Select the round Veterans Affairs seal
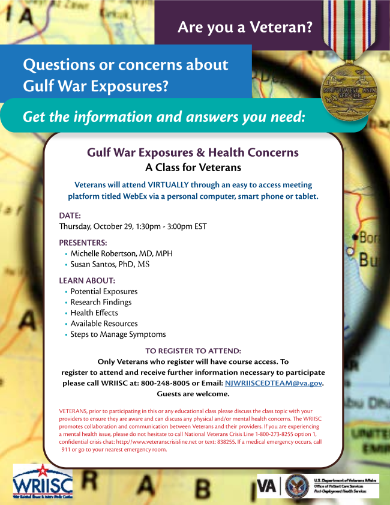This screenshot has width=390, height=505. (297, 485)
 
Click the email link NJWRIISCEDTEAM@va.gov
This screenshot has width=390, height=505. (273, 383)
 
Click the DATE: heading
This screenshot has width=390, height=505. (70, 215)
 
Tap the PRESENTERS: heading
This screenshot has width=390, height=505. (83, 243)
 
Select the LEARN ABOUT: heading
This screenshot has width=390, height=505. (87, 280)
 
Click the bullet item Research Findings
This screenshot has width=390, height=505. (101, 302)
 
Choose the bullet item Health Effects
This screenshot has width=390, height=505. (94, 313)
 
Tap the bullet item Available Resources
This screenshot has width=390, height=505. (104, 324)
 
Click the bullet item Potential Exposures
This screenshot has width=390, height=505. (104, 291)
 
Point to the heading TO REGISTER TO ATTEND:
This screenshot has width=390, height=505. (193, 351)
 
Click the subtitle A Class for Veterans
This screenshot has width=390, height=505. (193, 168)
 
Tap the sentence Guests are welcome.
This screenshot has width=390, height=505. (193, 394)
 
